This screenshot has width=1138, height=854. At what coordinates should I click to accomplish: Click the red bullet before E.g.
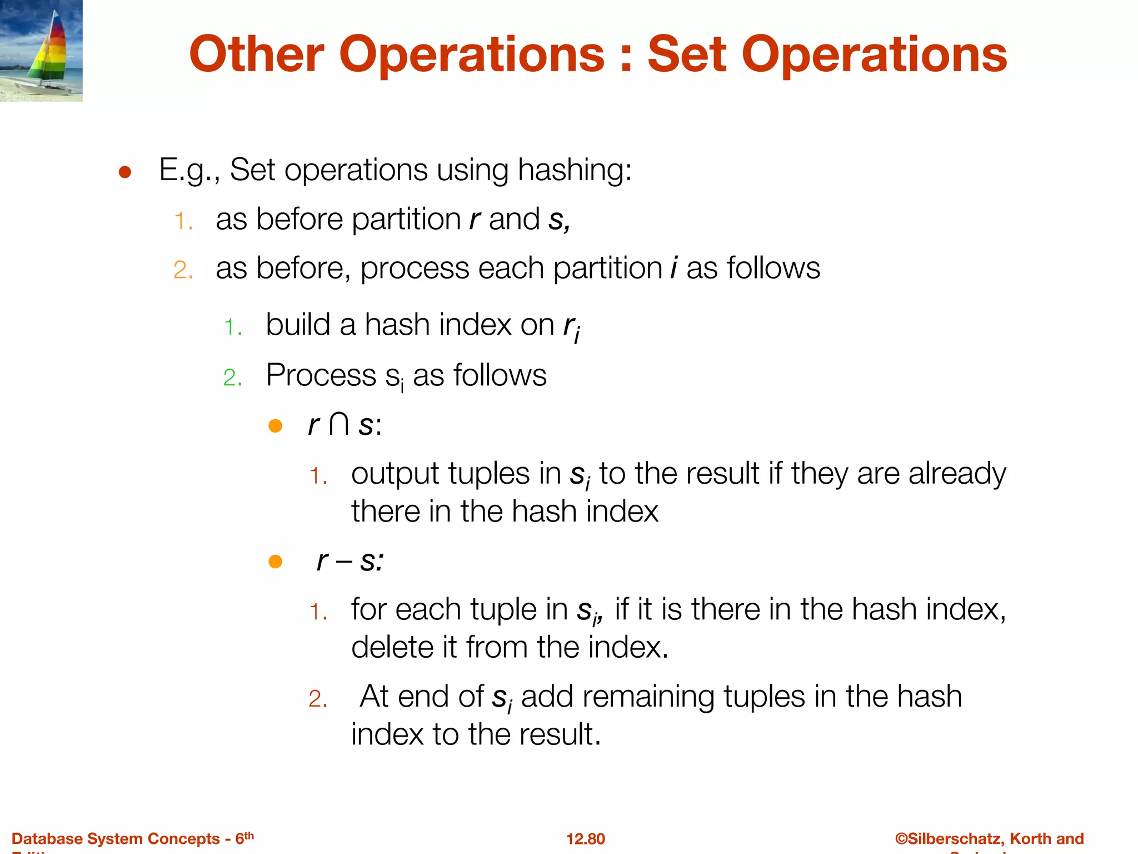(x=125, y=172)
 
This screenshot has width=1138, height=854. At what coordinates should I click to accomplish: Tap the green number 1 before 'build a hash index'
(x=232, y=327)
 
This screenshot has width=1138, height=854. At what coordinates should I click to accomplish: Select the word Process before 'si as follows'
(x=321, y=375)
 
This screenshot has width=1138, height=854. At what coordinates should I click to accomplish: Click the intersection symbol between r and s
(x=339, y=425)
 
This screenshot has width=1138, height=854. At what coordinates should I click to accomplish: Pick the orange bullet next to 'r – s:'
(x=276, y=562)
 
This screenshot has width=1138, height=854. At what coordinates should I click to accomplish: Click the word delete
(x=392, y=647)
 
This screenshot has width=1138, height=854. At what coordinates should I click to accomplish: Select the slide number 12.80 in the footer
(x=585, y=838)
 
